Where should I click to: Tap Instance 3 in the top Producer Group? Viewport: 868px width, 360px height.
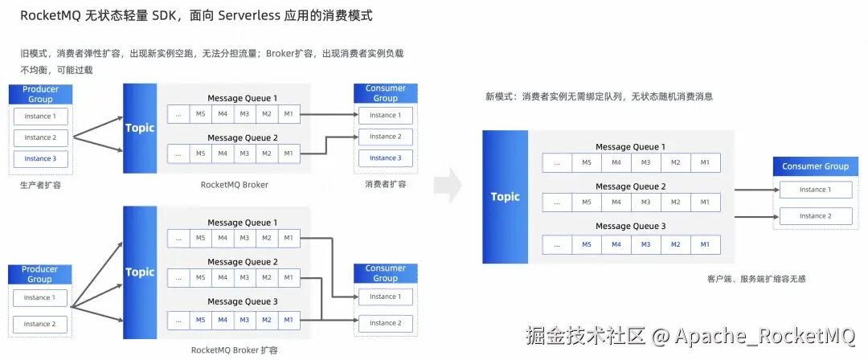point(40,158)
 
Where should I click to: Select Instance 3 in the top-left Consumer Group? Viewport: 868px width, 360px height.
point(385,158)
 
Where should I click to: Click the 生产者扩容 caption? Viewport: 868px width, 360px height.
point(39,184)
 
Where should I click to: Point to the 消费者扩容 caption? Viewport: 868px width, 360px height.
point(385,184)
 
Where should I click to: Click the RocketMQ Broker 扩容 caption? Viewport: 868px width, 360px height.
point(234,350)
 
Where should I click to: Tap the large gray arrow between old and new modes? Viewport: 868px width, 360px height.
point(447,186)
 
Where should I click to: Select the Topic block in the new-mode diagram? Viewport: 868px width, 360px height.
point(505,197)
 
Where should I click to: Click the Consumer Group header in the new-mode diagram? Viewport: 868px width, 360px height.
point(815,166)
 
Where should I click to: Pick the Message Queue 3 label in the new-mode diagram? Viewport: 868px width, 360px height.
point(630,227)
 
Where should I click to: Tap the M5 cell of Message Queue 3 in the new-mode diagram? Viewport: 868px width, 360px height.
point(586,244)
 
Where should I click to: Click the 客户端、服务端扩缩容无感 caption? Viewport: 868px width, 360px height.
point(756,279)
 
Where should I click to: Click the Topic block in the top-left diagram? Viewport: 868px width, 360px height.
point(140,128)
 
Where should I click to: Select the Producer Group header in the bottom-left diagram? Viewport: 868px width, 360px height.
point(39,275)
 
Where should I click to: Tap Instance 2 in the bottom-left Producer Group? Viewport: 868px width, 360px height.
point(39,324)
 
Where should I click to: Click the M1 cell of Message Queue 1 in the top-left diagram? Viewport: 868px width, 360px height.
point(289,114)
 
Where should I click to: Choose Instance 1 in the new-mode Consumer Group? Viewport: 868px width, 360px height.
point(815,190)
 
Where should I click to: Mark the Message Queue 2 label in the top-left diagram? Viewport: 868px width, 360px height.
point(242,137)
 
